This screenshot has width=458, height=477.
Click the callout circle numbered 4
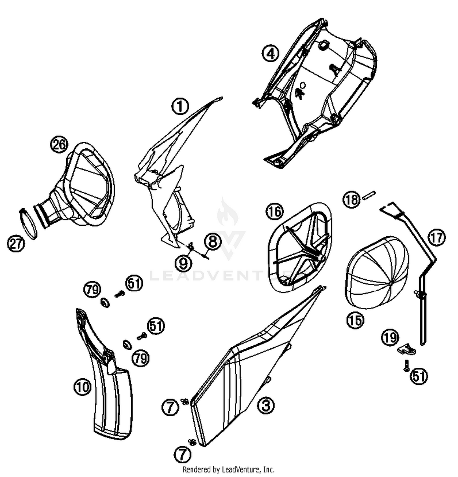(x=271, y=53)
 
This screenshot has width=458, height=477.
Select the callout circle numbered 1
(x=180, y=106)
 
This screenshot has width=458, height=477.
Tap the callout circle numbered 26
(x=59, y=144)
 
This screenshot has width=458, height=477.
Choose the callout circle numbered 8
(x=213, y=241)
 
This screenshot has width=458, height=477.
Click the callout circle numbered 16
(x=274, y=211)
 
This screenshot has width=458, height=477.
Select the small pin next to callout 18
(x=369, y=195)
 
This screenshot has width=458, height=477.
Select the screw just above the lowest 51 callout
(x=406, y=365)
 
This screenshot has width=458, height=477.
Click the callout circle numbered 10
(x=82, y=387)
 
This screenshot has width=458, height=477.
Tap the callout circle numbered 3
(x=266, y=406)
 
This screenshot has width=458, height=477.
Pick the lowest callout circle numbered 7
(x=182, y=455)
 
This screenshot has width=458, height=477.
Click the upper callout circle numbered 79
(x=92, y=289)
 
